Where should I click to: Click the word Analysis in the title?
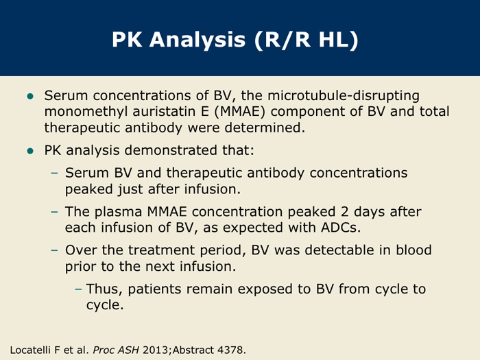pos(197,40)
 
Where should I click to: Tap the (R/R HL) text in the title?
pos(306,40)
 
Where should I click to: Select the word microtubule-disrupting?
pos(344,95)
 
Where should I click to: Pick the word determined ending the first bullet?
pos(265,128)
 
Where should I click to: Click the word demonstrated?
pos(170,150)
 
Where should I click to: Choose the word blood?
pos(414,250)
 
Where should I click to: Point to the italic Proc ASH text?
pos(116,350)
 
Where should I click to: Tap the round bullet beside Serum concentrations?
pos(30,97)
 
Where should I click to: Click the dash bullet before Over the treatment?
pos(54,250)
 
